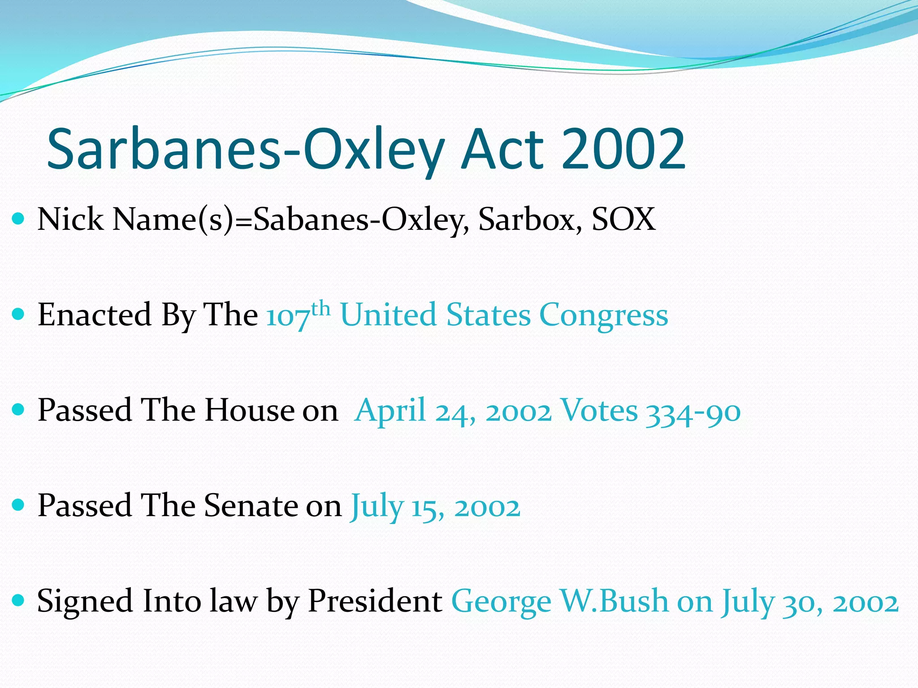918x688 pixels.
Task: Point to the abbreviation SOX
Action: (624, 219)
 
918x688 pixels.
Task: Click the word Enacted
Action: (95, 314)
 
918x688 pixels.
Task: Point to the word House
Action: (249, 410)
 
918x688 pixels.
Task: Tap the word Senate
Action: (251, 506)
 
